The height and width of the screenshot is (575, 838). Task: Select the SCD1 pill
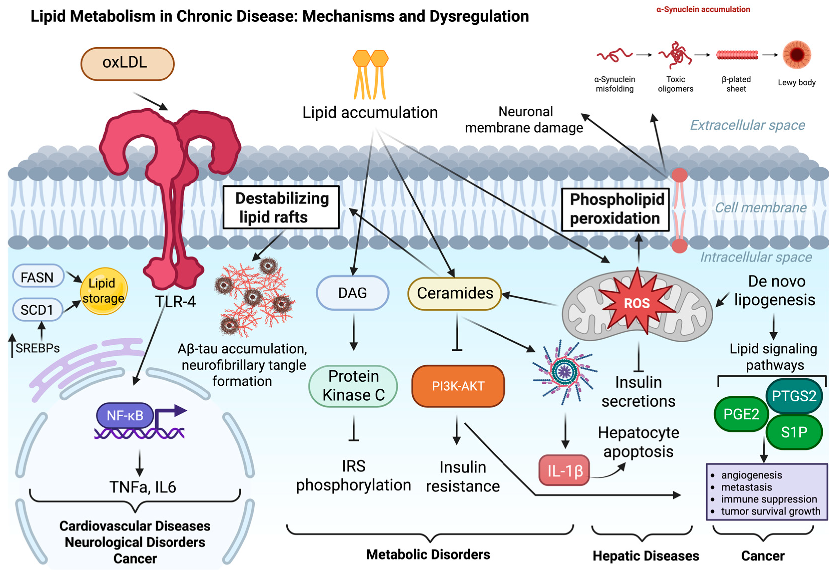[x=37, y=309]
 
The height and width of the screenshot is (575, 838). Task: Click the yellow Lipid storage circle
[x=104, y=291]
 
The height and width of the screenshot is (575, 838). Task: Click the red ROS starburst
[x=637, y=302]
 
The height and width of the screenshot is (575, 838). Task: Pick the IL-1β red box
[x=564, y=470]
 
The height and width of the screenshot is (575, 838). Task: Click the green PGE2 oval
[x=741, y=414]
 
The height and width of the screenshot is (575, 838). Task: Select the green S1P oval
[x=794, y=432]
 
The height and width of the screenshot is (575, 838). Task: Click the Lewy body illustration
[x=797, y=55]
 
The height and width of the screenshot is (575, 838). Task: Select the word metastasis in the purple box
[x=746, y=487]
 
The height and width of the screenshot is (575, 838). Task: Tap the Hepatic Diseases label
[x=646, y=556]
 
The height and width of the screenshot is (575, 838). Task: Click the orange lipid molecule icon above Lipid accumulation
[x=370, y=74]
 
